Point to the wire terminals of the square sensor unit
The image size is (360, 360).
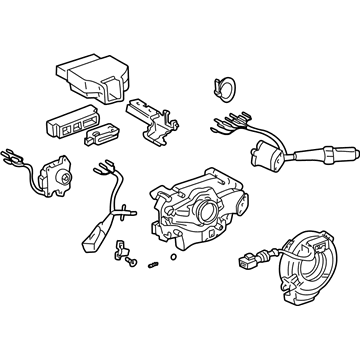[x=16, y=159]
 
